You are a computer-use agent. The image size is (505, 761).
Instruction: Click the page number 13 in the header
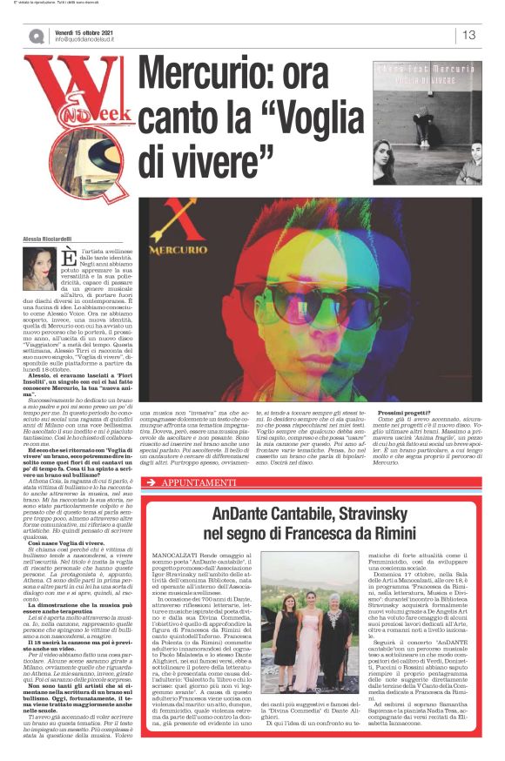coord(469,35)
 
